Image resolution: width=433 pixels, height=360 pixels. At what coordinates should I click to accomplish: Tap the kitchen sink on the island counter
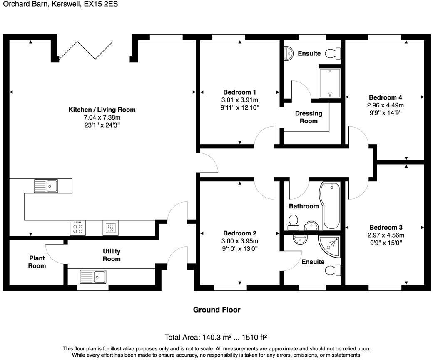(46, 185)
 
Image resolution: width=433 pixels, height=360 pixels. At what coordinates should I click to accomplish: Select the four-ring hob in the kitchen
(77, 227)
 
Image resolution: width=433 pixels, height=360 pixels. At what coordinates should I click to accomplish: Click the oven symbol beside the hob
(110, 227)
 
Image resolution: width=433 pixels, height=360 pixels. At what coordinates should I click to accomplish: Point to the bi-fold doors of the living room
(85, 49)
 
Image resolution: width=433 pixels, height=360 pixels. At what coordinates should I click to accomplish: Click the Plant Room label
(37, 262)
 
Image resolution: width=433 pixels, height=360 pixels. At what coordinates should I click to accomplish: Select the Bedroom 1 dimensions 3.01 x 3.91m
(239, 100)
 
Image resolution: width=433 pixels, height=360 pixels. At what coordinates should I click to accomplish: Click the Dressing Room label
(309, 117)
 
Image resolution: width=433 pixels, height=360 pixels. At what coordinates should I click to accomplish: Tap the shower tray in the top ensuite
(330, 82)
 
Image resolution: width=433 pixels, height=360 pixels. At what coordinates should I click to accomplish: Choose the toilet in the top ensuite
(333, 53)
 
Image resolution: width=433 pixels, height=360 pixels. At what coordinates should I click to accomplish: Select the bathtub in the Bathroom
(331, 205)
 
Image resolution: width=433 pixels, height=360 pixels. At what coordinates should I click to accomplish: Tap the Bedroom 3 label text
(386, 227)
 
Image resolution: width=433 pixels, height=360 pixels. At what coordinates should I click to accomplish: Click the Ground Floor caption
(216, 310)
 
